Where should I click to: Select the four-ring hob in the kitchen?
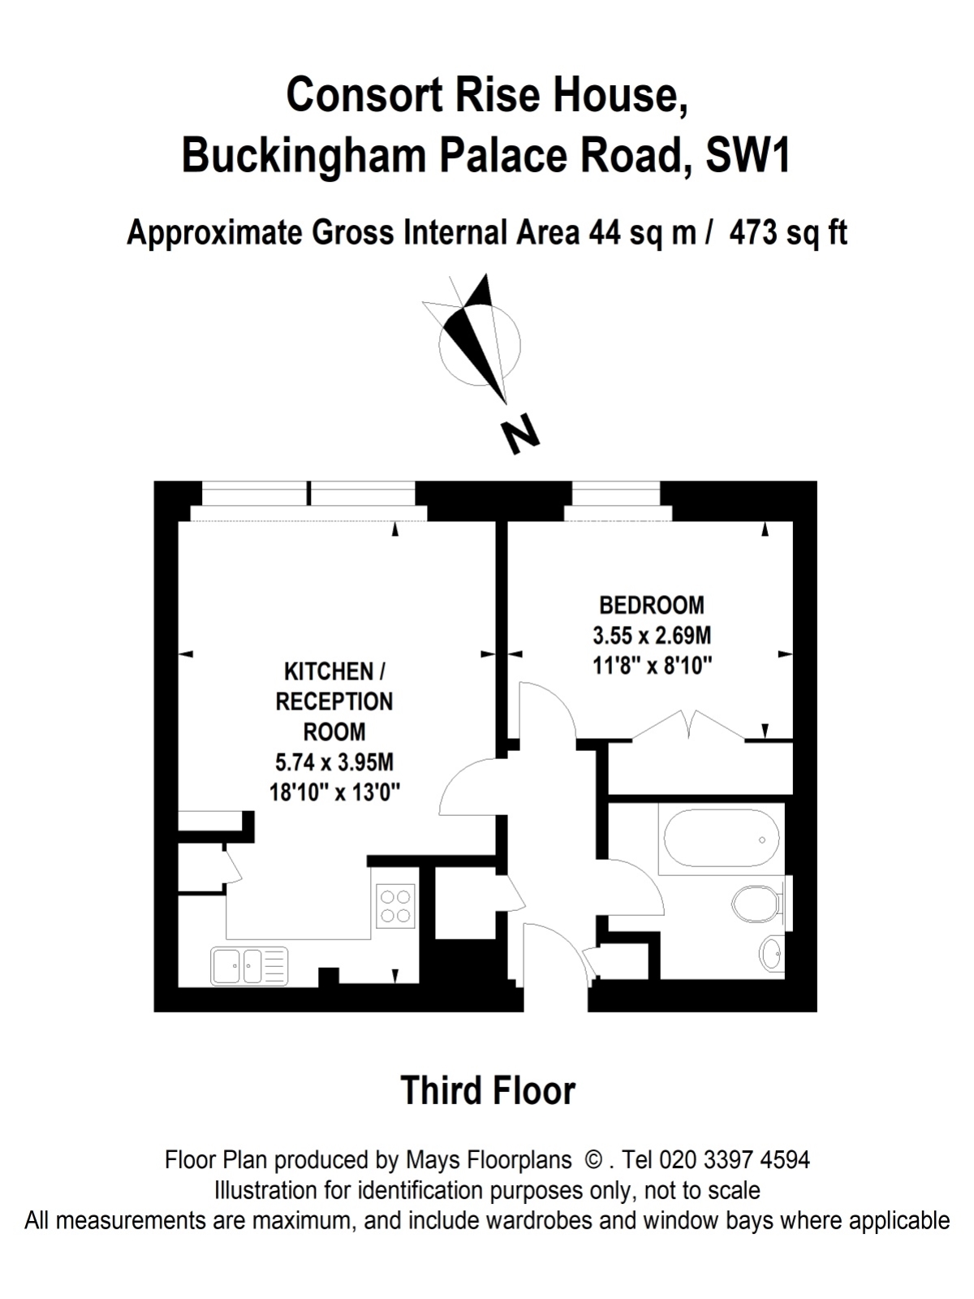tap(395, 906)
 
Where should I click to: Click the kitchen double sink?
tap(249, 966)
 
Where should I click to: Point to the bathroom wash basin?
tap(771, 954)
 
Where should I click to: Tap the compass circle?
tap(480, 345)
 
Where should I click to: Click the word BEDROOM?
tap(652, 606)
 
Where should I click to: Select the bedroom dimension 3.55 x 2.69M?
tap(652, 637)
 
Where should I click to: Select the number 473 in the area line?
tap(753, 232)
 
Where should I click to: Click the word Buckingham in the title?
tap(304, 156)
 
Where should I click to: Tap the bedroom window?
tap(617, 501)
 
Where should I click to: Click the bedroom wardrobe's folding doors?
tap(688, 725)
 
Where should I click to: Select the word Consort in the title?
tap(364, 95)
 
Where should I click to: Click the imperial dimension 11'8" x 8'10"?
tap(652, 667)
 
